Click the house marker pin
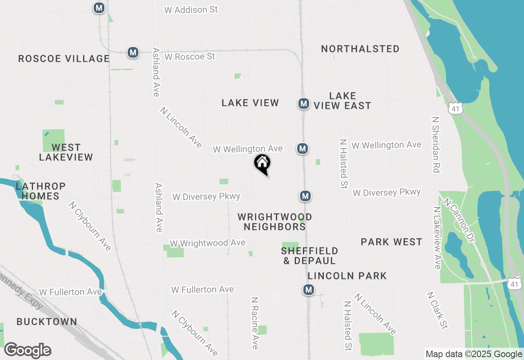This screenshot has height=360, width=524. (x=262, y=164)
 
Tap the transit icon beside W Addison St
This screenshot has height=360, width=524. (x=99, y=8)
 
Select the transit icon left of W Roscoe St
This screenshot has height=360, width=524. (x=133, y=52)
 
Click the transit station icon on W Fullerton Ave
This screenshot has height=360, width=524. (x=309, y=290)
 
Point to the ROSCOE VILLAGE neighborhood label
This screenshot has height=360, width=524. (x=64, y=59)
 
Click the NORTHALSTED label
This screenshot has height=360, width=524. (x=360, y=49)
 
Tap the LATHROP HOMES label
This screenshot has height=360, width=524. (x=41, y=191)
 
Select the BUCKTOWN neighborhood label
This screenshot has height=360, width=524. (x=47, y=322)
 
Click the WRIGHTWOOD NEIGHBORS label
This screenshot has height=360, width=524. (x=275, y=221)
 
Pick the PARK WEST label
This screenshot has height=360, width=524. (x=391, y=242)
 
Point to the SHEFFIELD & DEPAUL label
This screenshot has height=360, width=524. (x=309, y=255)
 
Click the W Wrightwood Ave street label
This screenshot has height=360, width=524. (x=208, y=243)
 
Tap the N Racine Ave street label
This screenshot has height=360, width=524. (x=255, y=323)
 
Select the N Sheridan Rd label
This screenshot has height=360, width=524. (x=436, y=144)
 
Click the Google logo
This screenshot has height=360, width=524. (x=27, y=351)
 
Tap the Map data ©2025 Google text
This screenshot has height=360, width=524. (x=474, y=354)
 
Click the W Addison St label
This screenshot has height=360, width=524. (x=191, y=10)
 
